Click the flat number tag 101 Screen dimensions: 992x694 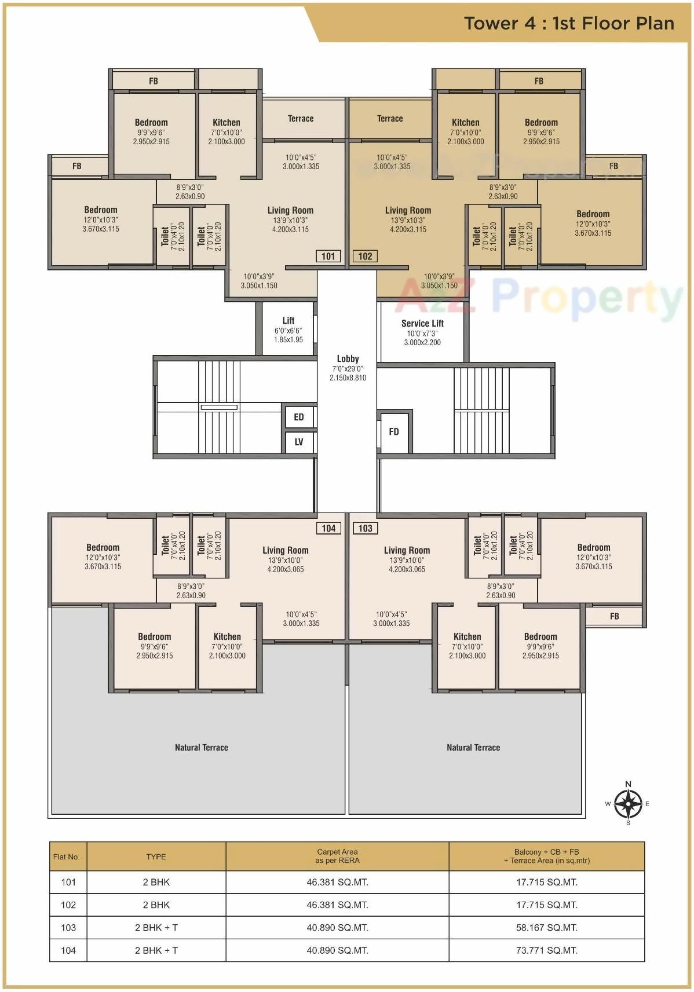(328, 256)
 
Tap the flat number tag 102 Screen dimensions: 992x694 (365, 256)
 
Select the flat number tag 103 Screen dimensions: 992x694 (365, 528)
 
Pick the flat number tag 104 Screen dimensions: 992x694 (328, 528)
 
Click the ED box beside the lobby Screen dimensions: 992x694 (299, 417)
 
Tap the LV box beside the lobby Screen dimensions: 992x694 (299, 442)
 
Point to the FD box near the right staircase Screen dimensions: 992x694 (394, 431)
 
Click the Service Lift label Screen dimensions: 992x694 (422, 323)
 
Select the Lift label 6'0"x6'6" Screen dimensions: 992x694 (288, 321)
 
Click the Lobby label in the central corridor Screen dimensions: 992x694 (348, 358)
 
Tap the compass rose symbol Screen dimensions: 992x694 (628, 804)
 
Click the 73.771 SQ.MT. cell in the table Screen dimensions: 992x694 (546, 950)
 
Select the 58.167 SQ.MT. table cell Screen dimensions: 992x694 (546, 927)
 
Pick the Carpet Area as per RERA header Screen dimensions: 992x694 (337, 856)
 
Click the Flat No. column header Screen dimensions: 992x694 (67, 856)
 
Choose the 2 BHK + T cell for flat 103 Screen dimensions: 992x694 (156, 927)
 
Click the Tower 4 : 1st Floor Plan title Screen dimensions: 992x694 (569, 23)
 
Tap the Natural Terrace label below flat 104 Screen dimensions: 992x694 (202, 747)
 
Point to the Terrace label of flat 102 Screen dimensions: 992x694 (390, 118)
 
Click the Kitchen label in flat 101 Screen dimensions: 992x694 (227, 122)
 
